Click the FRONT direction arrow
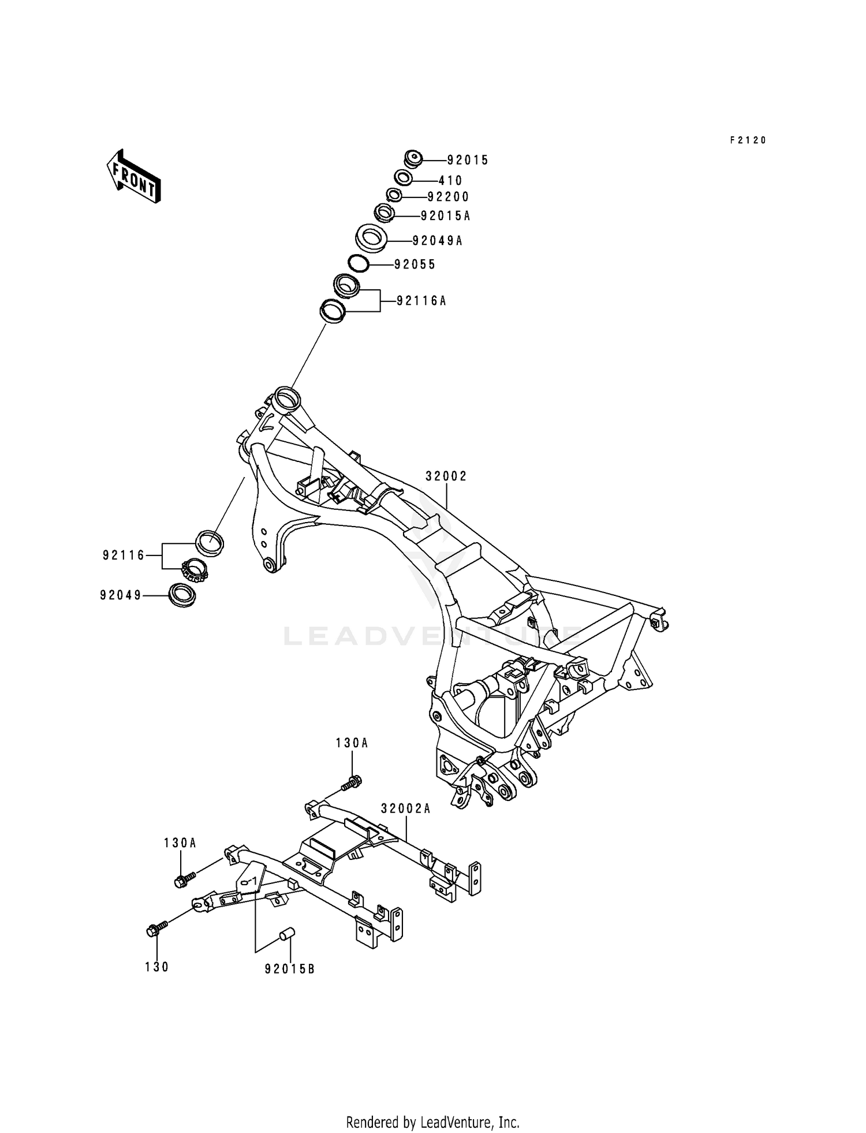click(133, 177)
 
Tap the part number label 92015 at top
click(468, 161)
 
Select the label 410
click(450, 181)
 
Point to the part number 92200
click(449, 197)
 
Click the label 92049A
click(437, 241)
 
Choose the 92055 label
click(415, 265)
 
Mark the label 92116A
click(421, 301)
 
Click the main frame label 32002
click(446, 476)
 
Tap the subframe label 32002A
click(406, 809)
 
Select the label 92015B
click(290, 970)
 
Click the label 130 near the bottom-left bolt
click(157, 967)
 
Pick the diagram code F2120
click(748, 140)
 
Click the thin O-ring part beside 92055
click(359, 264)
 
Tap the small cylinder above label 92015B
click(288, 934)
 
